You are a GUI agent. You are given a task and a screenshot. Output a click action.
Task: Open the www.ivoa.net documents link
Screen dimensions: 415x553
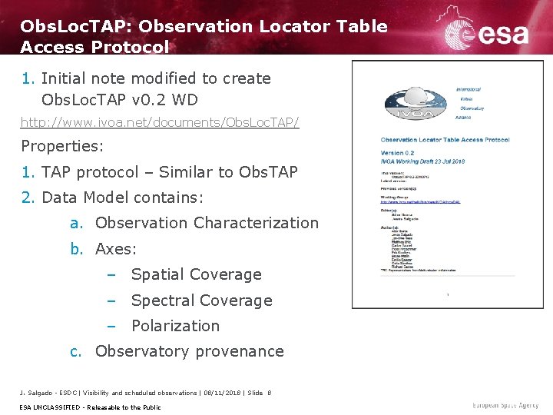160,122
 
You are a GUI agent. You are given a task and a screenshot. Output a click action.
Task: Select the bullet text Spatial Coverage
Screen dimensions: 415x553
196,274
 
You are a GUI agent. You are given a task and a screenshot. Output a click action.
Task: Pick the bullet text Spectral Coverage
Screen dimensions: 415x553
201,300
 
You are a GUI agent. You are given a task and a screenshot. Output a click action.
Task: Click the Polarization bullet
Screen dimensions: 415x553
175,326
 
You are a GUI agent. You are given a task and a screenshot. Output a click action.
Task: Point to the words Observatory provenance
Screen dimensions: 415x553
189,351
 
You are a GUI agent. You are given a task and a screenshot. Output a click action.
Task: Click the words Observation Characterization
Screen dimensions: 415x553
207,223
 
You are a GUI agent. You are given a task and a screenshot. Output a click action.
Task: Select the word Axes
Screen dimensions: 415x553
115,249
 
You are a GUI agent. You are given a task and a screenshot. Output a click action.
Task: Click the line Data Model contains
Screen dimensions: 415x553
123,198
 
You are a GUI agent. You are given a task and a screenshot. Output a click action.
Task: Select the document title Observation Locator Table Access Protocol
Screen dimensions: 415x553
445,140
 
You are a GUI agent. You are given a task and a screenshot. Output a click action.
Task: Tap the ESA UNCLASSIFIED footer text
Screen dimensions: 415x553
91,407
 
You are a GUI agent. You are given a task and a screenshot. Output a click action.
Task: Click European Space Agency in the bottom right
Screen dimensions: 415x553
506,405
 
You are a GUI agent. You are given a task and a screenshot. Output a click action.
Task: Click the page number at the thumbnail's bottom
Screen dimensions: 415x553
447,294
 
